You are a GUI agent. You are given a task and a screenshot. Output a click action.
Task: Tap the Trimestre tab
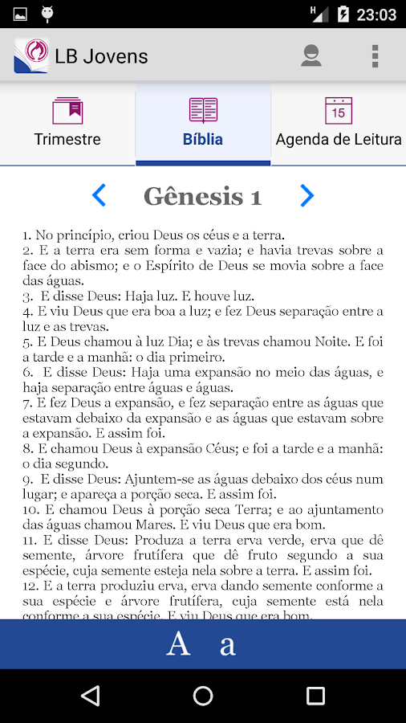click(67, 125)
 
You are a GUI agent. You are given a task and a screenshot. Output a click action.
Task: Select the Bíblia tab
click(203, 125)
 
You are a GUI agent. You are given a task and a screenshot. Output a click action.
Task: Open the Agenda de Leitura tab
click(338, 125)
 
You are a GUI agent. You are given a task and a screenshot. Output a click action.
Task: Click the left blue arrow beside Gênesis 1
click(99, 195)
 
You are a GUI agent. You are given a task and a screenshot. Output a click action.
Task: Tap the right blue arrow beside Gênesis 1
click(307, 195)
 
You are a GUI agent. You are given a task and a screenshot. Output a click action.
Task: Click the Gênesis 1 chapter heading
click(202, 196)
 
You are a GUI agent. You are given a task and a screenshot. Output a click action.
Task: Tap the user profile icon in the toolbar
click(311, 55)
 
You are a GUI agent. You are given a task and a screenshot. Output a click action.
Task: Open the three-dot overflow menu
click(374, 55)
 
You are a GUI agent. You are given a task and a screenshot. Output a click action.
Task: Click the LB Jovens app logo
click(30, 55)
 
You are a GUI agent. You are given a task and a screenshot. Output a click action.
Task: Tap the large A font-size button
click(178, 643)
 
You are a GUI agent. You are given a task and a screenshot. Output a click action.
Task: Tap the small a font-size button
click(228, 645)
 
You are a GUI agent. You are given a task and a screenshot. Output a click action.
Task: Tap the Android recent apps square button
click(315, 695)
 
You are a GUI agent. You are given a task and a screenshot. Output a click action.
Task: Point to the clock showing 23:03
click(376, 14)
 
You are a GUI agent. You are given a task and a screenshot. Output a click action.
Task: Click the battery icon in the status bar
click(343, 14)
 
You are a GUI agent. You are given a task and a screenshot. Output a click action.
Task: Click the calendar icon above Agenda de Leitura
click(338, 110)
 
